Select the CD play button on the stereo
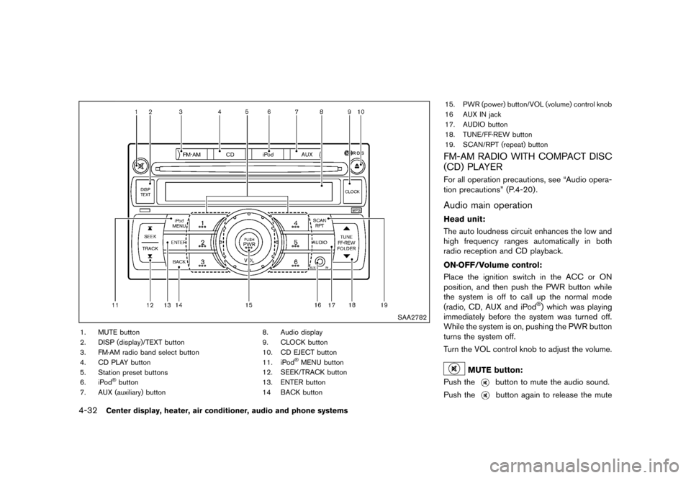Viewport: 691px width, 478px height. (x=230, y=154)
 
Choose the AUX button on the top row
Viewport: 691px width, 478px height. (x=307, y=154)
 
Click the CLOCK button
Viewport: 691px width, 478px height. (x=352, y=191)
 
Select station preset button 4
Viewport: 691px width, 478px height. (x=296, y=224)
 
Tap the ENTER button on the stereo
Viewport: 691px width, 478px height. (x=179, y=243)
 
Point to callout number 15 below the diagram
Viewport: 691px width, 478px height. (x=248, y=305)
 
